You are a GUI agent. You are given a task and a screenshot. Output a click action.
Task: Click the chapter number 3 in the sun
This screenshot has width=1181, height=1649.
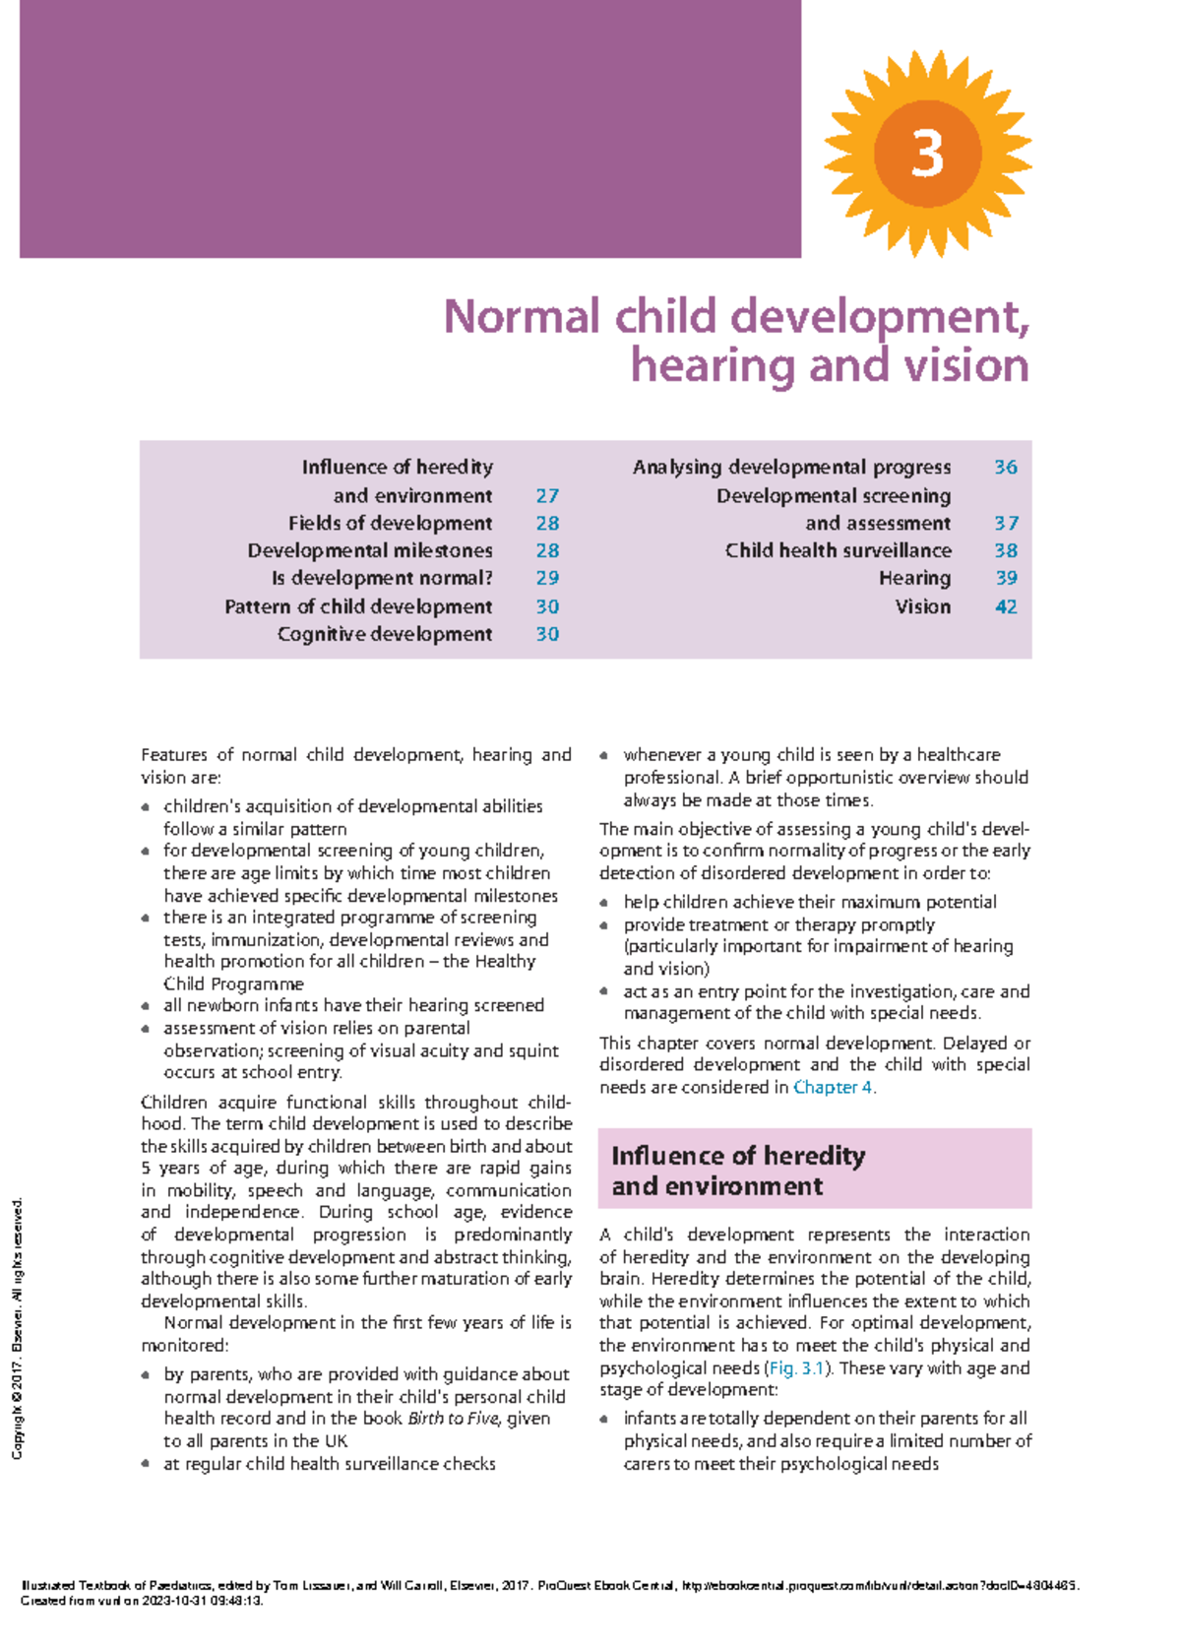(927, 155)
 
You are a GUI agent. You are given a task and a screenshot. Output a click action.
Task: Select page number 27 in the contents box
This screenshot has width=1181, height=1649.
(547, 495)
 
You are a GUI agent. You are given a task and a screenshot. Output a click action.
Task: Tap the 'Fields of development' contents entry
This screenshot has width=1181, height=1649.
(390, 523)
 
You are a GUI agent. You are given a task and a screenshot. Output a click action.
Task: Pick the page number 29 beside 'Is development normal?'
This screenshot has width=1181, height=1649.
(547, 578)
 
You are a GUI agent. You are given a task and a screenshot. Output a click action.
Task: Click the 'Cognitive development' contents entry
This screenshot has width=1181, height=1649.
(385, 634)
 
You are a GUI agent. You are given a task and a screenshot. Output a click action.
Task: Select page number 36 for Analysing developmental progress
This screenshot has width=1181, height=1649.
(1005, 467)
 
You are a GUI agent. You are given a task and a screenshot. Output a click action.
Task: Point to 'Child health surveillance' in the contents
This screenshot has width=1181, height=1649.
(838, 550)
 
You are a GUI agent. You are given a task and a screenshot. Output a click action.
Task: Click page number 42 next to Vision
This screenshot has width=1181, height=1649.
(1005, 606)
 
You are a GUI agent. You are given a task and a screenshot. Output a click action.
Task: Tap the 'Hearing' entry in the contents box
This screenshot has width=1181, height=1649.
(914, 578)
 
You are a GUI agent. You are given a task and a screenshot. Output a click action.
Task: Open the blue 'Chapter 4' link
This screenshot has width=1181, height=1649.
(833, 1087)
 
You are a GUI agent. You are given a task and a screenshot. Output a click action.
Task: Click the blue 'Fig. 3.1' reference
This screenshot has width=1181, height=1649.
(795, 1367)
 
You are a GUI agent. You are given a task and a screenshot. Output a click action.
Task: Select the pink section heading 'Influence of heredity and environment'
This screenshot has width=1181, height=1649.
(738, 1170)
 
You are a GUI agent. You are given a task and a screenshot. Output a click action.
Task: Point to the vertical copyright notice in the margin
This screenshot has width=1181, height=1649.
(17, 1329)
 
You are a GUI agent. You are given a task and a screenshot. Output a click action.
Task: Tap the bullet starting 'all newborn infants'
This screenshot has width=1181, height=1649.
(353, 1005)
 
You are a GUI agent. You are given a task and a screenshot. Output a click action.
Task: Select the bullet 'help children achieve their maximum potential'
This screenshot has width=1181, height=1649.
(809, 902)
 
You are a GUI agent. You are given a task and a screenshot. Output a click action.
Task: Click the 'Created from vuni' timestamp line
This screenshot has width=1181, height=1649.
(142, 1601)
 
